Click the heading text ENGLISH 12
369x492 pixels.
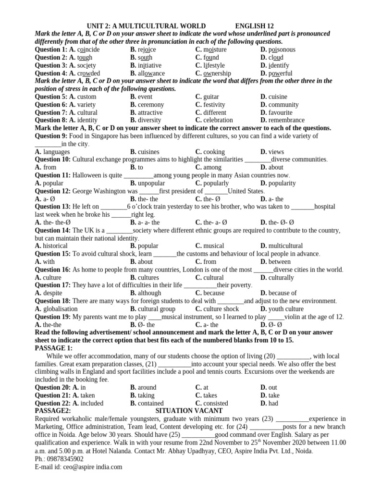(255, 26)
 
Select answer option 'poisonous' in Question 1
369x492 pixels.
(282, 49)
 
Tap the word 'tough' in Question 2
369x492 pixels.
(85, 58)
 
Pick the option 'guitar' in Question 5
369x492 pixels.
(211, 97)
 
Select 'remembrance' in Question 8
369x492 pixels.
(286, 120)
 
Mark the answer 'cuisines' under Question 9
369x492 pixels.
(148, 152)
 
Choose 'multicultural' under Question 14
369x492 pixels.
(285, 246)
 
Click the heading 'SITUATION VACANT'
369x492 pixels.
(189, 411)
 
